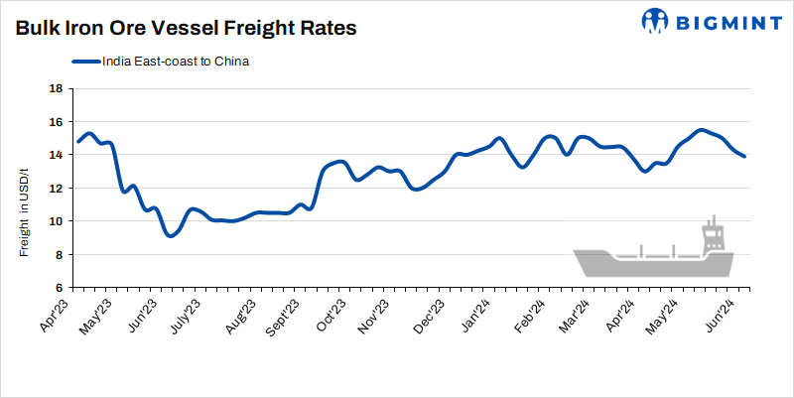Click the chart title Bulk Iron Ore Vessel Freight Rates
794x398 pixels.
click(186, 29)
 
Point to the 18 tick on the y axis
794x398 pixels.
click(56, 88)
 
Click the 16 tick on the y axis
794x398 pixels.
click(56, 122)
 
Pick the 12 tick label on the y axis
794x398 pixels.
click(56, 189)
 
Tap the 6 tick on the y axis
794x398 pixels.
click(59, 288)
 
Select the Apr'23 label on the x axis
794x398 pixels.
click(61, 314)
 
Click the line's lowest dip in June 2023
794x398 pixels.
click(172, 235)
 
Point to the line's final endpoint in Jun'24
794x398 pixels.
click(744, 156)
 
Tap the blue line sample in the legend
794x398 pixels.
click(86, 62)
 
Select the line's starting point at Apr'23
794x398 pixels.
click(77, 141)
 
